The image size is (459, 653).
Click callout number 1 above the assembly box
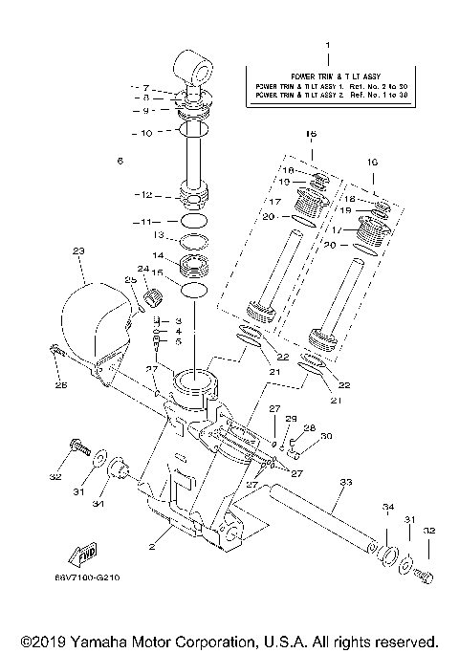[x=327, y=45]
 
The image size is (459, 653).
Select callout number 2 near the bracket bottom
[x=152, y=547]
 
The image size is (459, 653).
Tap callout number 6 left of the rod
[x=120, y=161]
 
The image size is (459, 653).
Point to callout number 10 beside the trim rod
[x=145, y=133]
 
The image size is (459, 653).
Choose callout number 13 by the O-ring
[x=161, y=235]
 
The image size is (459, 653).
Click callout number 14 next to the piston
[x=161, y=255]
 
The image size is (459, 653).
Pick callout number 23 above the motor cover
[x=78, y=250]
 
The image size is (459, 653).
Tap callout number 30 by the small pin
[x=326, y=436]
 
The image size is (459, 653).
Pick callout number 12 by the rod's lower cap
[x=145, y=195]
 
